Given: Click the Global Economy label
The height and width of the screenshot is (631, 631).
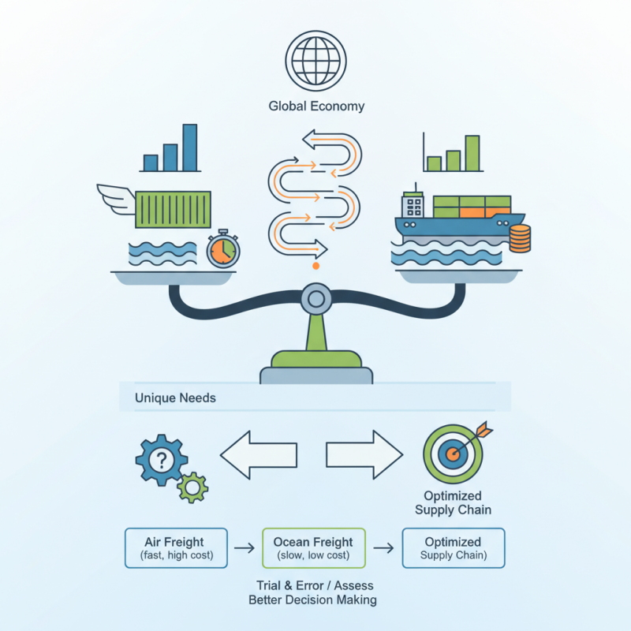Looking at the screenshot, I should click(316, 106).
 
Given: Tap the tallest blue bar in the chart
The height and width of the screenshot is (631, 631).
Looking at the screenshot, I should click(189, 147).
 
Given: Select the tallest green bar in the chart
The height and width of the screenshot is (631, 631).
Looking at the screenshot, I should click(472, 153).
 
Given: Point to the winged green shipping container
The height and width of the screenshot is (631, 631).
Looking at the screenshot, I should click(173, 209).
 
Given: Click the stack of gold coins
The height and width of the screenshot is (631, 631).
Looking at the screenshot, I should click(520, 237).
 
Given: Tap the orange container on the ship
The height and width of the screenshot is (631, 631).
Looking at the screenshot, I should click(472, 211).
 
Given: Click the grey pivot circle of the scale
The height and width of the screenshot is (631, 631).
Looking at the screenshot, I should click(315, 299).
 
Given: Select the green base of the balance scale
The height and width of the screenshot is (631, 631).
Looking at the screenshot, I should click(315, 360).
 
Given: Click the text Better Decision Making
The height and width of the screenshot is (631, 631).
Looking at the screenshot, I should click(313, 600).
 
